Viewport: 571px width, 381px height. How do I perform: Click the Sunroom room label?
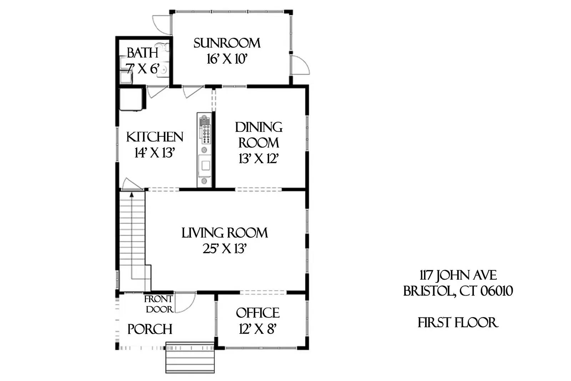click(227, 43)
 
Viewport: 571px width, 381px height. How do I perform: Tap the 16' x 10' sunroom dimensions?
click(227, 59)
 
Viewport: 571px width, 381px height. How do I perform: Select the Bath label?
click(142, 53)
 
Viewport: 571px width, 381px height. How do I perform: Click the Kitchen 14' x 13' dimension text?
click(154, 153)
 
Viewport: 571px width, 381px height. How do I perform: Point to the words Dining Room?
click(258, 135)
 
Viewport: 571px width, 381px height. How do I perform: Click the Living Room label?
click(224, 233)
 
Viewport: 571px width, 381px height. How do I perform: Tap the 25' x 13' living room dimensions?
click(224, 249)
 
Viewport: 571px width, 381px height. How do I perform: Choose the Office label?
click(258, 313)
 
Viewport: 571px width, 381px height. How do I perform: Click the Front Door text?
click(159, 304)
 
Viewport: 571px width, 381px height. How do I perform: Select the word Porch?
click(150, 329)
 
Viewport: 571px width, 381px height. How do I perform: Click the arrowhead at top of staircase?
click(132, 195)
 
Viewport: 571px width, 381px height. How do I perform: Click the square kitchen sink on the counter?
click(205, 165)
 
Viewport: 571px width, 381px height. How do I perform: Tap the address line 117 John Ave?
click(458, 275)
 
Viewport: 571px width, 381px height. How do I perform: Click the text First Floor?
click(458, 323)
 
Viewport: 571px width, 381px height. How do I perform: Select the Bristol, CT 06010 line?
click(458, 291)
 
